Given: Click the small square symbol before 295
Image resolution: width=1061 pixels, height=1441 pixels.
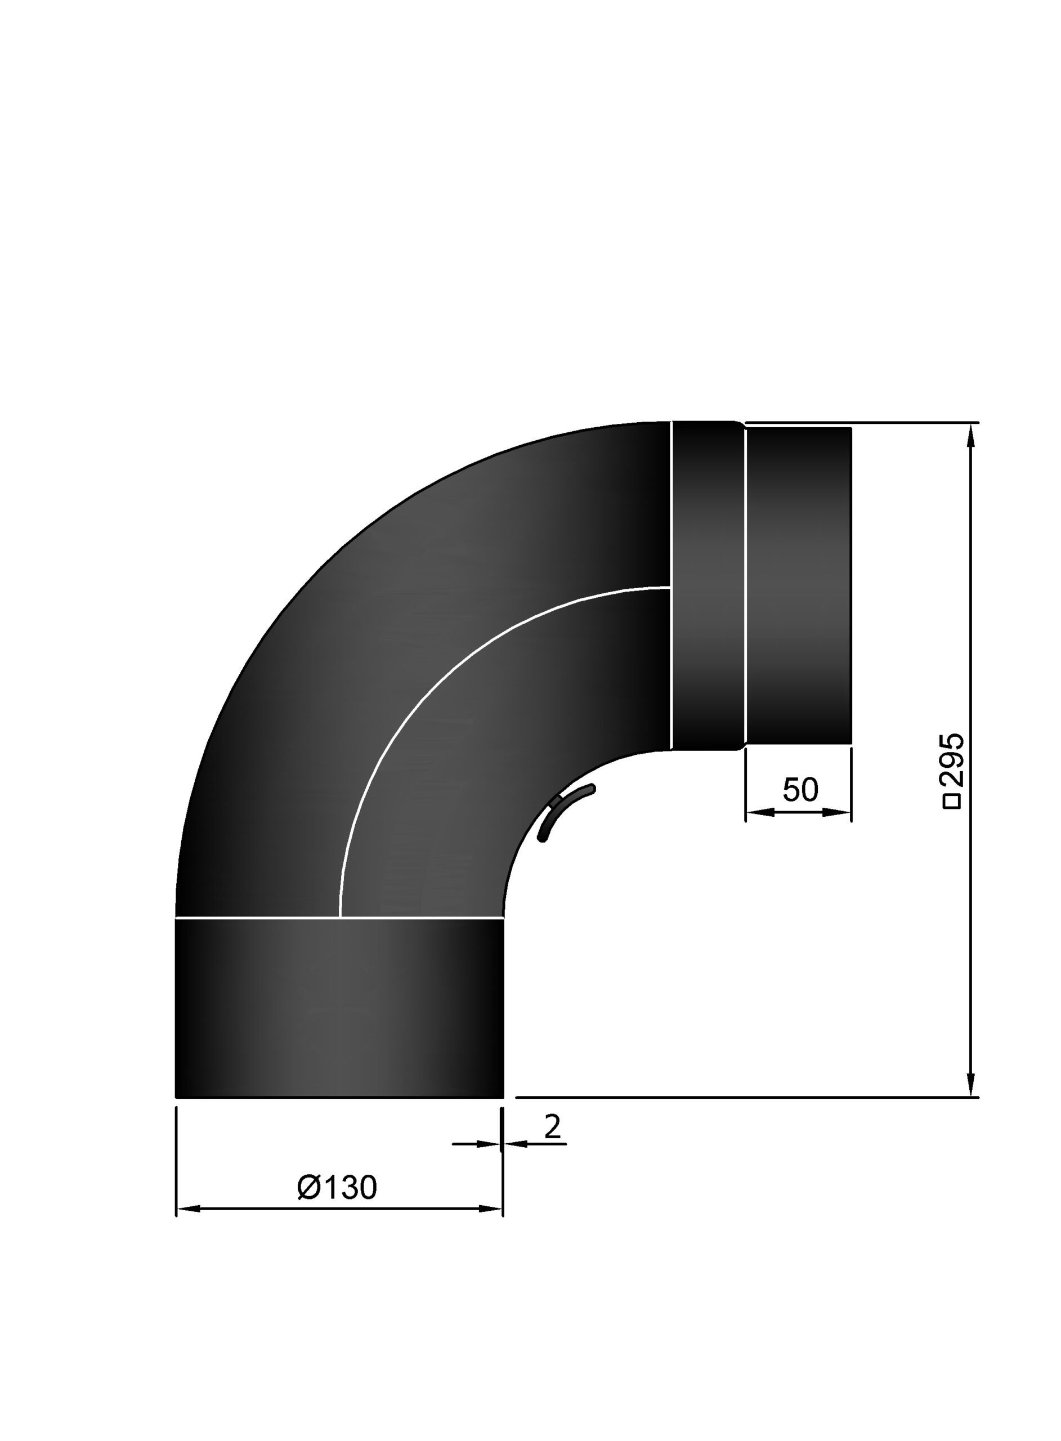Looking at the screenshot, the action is (x=952, y=802).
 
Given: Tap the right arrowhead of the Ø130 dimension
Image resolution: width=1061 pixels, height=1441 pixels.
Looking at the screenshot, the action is (x=490, y=1209).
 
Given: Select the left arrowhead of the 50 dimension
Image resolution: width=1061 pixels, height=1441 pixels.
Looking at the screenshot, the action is (x=760, y=813).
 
